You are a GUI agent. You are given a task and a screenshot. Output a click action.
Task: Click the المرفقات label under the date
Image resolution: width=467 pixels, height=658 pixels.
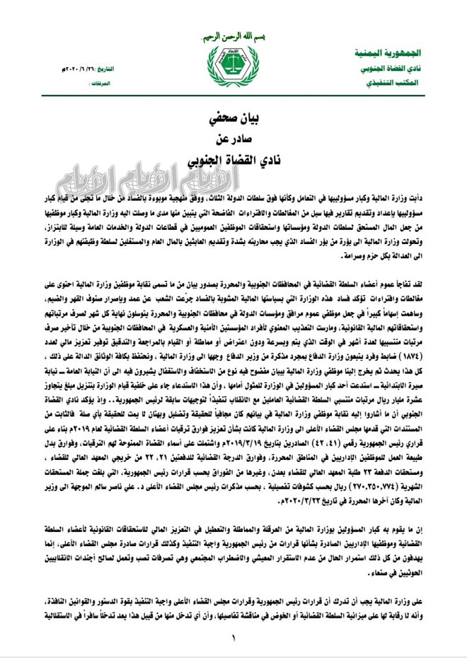[x=100, y=82]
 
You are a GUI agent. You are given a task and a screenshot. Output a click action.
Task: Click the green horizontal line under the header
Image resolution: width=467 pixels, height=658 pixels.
[x=233, y=98]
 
